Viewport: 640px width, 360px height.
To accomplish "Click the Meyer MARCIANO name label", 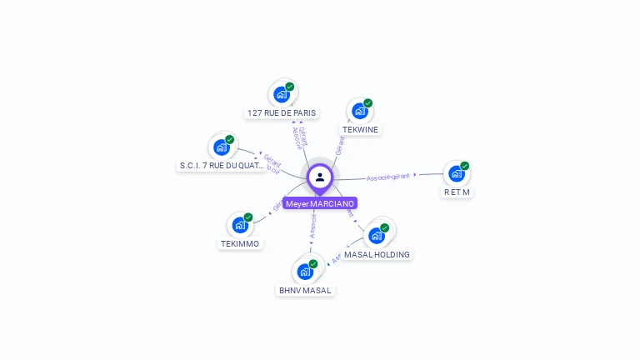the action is click(320, 203).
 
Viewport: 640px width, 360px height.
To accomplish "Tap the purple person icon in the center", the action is click(320, 177).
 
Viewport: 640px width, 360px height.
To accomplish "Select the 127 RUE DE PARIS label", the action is click(282, 112).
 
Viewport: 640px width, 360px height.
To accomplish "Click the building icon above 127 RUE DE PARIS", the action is click(282, 94).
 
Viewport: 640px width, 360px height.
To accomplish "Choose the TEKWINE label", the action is click(360, 129).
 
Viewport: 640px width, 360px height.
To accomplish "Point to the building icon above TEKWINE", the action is click(360, 111).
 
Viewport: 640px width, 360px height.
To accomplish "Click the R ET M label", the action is click(457, 192).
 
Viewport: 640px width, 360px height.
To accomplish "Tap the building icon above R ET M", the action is click(456, 173).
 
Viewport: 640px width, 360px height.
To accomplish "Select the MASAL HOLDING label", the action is click(377, 254).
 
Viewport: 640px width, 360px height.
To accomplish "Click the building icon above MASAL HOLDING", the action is click(377, 235).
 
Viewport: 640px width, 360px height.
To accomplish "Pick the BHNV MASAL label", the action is click(305, 290).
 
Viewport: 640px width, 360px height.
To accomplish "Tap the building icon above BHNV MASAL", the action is click(305, 271).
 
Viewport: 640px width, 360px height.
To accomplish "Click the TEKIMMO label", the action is click(240, 243).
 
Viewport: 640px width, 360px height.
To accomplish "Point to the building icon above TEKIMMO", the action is click(240, 225).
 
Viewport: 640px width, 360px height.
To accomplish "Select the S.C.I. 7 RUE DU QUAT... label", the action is click(222, 166).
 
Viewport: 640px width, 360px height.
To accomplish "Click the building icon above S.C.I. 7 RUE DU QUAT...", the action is click(222, 147).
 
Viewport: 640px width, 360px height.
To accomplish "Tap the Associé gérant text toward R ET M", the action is click(388, 177).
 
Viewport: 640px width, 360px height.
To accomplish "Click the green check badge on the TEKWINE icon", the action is click(367, 103).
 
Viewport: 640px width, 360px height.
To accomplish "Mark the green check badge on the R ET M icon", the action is click(464, 166).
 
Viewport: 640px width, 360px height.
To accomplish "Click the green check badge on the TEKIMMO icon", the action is click(247, 217).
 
